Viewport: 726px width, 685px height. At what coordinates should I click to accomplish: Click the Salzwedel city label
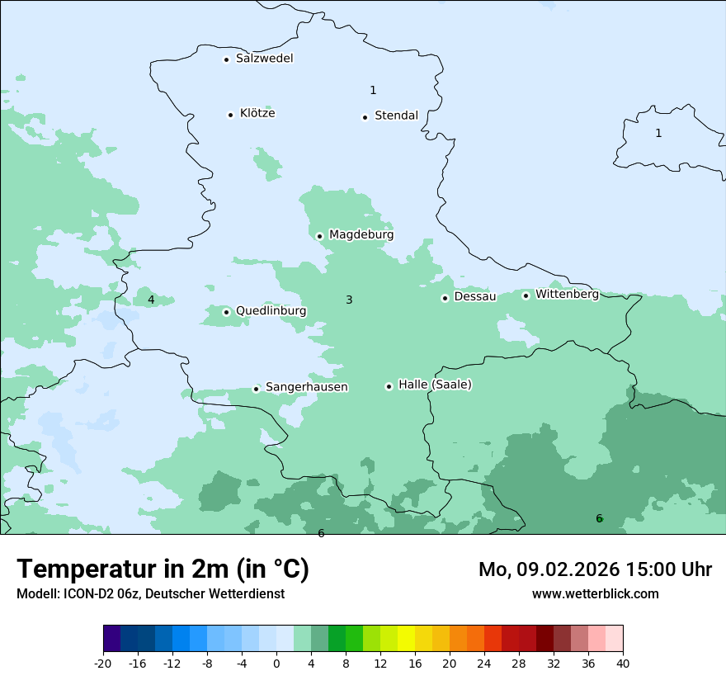click(x=264, y=59)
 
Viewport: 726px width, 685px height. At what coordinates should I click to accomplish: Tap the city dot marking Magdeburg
click(x=319, y=236)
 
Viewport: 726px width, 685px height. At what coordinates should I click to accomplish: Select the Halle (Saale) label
click(x=435, y=385)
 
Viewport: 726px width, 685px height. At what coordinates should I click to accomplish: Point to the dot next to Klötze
click(x=230, y=115)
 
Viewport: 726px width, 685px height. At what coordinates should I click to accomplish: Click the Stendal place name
click(x=396, y=116)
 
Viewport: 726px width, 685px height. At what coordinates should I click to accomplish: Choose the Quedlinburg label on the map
click(x=271, y=311)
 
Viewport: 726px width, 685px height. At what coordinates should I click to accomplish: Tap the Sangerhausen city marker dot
click(x=256, y=389)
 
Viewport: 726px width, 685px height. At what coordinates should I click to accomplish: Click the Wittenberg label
click(x=567, y=295)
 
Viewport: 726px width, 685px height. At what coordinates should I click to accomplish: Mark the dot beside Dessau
click(x=445, y=298)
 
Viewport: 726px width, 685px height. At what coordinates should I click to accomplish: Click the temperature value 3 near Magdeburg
click(x=349, y=300)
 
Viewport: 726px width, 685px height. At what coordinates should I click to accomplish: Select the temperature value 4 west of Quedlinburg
click(x=151, y=300)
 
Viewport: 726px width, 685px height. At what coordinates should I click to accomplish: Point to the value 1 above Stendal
click(x=373, y=90)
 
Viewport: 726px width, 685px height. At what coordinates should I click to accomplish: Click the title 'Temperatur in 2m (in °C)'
click(x=163, y=569)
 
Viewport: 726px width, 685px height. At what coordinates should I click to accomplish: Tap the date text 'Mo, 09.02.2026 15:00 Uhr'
click(x=595, y=569)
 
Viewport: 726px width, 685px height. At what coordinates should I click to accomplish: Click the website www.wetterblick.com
click(x=595, y=593)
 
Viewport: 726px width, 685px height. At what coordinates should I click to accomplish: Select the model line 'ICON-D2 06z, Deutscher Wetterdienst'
click(x=150, y=593)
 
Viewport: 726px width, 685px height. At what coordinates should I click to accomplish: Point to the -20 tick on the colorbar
click(x=103, y=663)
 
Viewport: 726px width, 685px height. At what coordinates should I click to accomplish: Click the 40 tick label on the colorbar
click(x=623, y=663)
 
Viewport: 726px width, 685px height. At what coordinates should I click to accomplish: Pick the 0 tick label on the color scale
click(x=276, y=663)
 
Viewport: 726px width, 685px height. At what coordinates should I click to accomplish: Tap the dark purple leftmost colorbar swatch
click(x=112, y=639)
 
